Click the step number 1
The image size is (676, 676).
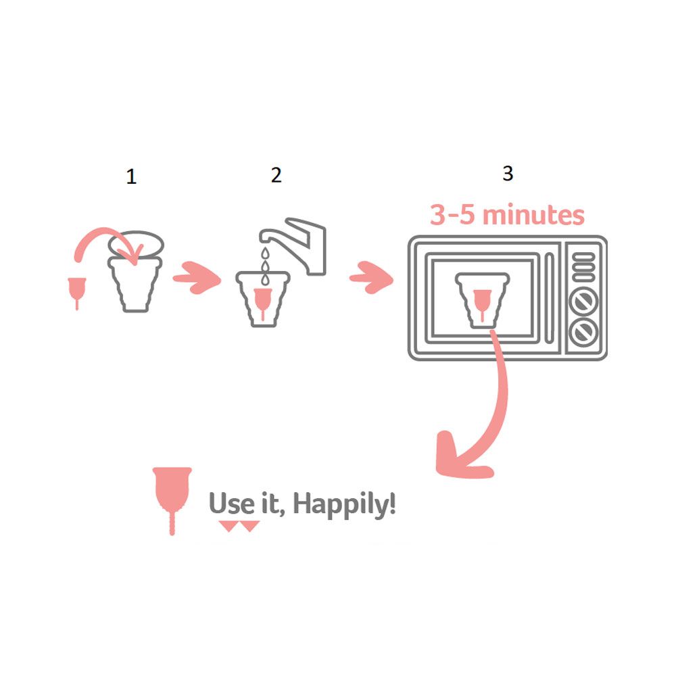(132, 176)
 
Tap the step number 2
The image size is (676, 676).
(276, 175)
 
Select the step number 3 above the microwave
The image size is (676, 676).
(508, 173)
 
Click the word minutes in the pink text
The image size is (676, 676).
(533, 215)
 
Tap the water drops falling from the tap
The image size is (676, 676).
(265, 266)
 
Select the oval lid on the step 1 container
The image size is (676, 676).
(136, 245)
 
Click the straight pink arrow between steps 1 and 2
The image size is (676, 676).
(196, 278)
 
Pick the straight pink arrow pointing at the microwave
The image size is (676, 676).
(371, 278)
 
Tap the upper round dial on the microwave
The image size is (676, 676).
(583, 301)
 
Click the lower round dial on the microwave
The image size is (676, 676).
(583, 333)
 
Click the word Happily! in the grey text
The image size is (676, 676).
(344, 504)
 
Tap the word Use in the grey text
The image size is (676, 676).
(231, 503)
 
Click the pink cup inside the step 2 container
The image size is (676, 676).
(262, 302)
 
